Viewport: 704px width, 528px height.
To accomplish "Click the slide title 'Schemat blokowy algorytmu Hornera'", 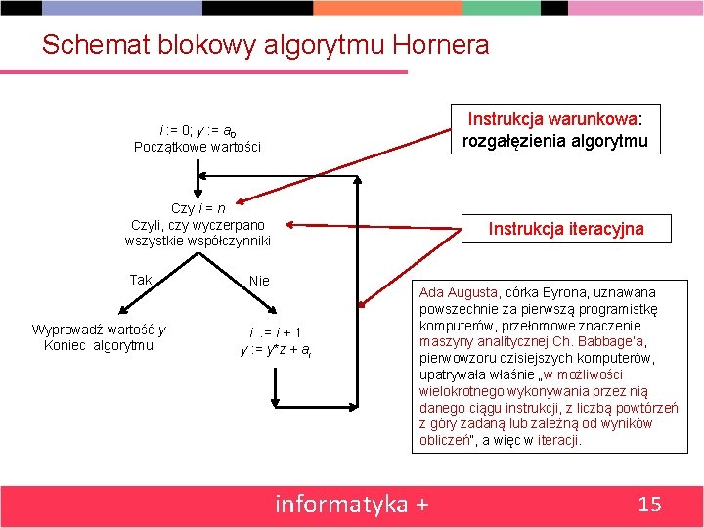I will (265, 45).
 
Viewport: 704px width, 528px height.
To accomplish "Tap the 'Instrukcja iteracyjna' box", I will (566, 229).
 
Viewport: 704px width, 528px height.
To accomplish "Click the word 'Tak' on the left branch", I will (141, 280).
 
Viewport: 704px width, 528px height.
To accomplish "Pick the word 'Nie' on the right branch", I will (259, 281).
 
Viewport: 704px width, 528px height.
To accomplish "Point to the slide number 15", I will (649, 505).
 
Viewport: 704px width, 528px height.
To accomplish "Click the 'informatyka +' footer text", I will (352, 505).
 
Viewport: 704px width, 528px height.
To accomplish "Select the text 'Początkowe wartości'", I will (198, 147).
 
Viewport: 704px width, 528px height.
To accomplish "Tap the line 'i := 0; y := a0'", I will (198, 130).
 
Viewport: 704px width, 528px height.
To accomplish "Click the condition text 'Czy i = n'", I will (198, 208).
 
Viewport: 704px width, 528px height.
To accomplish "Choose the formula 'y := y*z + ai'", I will (276, 350).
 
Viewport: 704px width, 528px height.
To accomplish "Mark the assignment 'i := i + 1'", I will (275, 332).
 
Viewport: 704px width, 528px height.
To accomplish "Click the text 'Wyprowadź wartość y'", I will (99, 329).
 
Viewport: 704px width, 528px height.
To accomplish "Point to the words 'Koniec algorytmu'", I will (99, 345).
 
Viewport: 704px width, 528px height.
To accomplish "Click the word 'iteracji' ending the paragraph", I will (558, 440).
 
